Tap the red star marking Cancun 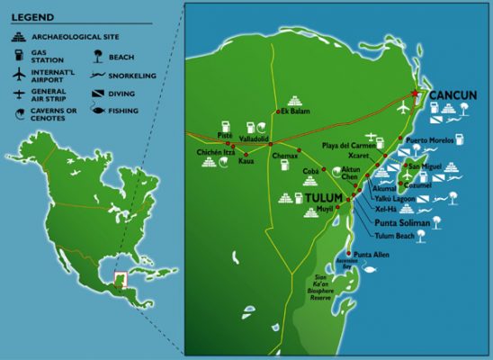416,94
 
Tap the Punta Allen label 370,255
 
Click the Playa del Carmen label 347,145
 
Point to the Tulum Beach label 396,236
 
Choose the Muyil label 325,209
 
